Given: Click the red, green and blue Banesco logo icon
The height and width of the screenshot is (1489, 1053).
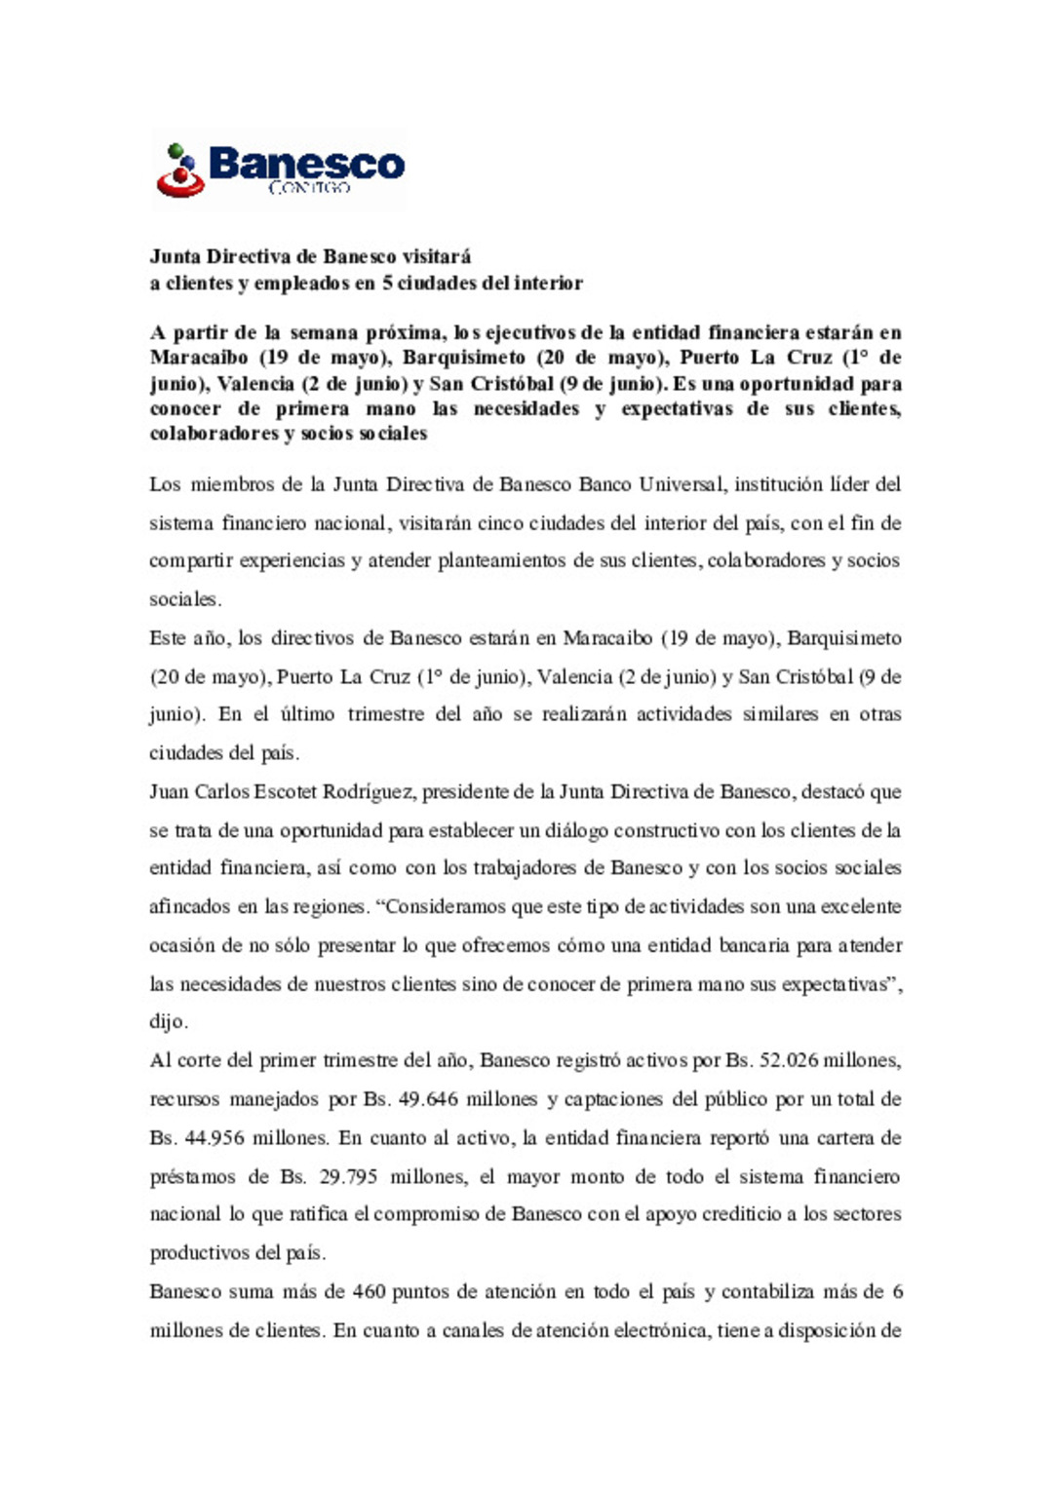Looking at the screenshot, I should (180, 171).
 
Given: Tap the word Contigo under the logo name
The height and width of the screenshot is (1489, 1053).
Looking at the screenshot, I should (309, 187).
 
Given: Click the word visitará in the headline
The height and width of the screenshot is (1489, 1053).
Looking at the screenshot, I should (437, 257).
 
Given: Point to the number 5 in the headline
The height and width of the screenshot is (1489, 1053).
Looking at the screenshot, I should (387, 284).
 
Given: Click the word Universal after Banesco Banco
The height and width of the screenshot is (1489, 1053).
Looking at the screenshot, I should (682, 484).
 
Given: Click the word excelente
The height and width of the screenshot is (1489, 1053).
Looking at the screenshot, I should (862, 907).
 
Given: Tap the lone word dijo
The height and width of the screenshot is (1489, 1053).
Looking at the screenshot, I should (168, 1022).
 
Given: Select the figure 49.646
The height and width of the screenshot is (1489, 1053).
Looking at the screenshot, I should (428, 1099).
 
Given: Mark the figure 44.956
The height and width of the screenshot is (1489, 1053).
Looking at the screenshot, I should (214, 1138).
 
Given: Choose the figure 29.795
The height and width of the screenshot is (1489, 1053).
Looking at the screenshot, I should (348, 1177).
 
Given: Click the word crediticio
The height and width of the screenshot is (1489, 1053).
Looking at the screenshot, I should (741, 1214).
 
